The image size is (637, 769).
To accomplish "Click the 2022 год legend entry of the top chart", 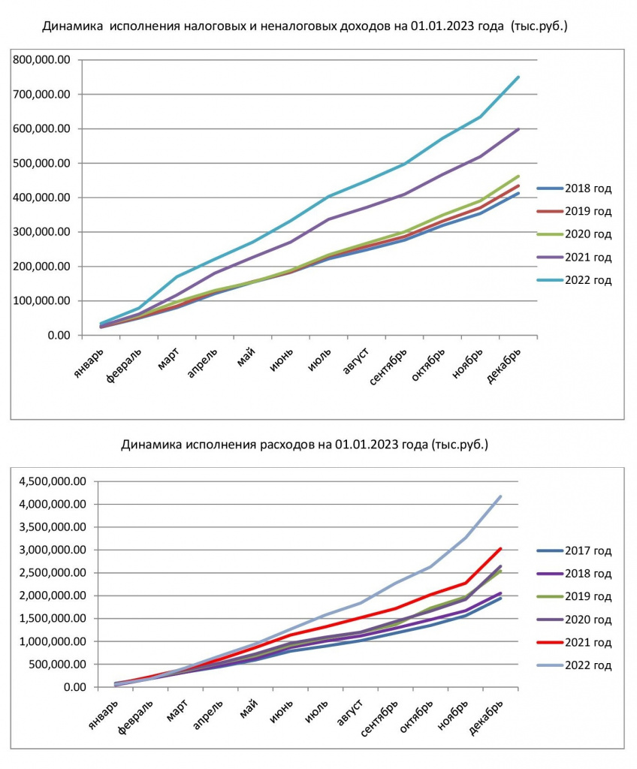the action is pyautogui.click(x=575, y=281).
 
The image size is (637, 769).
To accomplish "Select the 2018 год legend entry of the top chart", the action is pyautogui.click(x=575, y=188).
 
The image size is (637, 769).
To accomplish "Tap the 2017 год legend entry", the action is pyautogui.click(x=575, y=550).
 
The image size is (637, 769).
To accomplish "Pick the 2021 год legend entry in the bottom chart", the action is pyautogui.click(x=575, y=643).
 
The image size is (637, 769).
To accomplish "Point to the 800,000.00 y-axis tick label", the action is pyautogui.click(x=42, y=60).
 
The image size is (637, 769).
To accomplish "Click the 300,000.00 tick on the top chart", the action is pyautogui.click(x=42, y=232).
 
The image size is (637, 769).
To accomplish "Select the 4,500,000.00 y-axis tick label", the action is pyautogui.click(x=52, y=481).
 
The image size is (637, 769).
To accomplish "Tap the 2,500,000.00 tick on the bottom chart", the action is pyautogui.click(x=52, y=573).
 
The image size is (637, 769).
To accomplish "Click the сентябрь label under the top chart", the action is pyautogui.click(x=388, y=366).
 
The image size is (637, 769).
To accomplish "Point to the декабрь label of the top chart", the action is pyautogui.click(x=503, y=366).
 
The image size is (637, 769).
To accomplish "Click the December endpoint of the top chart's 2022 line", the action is pyautogui.click(x=518, y=77).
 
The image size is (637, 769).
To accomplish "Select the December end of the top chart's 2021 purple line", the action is pyautogui.click(x=518, y=129).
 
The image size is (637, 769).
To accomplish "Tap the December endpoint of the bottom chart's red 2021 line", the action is pyautogui.click(x=500, y=548).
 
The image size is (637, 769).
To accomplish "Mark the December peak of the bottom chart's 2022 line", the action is pyautogui.click(x=500, y=496).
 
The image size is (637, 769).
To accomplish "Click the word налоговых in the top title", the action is pyautogui.click(x=211, y=26).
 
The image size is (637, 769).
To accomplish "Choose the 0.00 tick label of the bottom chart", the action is pyautogui.click(x=75, y=687).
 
